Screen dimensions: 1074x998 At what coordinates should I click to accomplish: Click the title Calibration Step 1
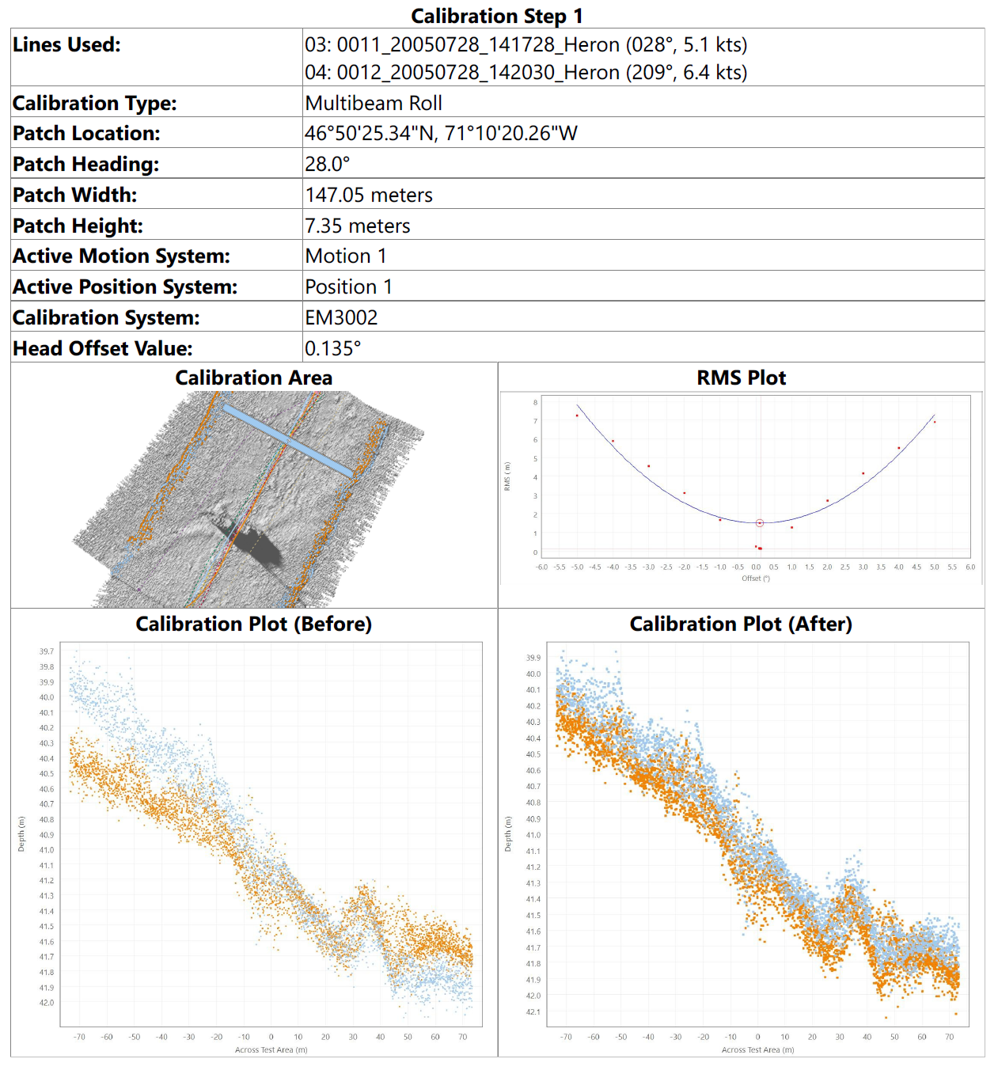click(x=496, y=16)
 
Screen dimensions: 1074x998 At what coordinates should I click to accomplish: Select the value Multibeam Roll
click(x=374, y=103)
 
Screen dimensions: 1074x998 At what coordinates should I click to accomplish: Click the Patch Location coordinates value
click(x=441, y=133)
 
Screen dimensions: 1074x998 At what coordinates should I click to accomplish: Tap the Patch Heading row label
click(x=85, y=164)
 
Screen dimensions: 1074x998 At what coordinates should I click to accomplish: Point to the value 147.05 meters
click(x=369, y=195)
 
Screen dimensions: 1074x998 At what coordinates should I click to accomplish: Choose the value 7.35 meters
click(x=358, y=226)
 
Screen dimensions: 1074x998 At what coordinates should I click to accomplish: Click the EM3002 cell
click(x=341, y=317)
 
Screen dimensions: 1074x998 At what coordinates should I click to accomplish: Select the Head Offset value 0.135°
click(x=332, y=348)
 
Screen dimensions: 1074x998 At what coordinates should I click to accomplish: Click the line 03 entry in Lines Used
click(x=526, y=44)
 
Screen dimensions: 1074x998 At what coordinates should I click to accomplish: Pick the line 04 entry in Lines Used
click(x=526, y=72)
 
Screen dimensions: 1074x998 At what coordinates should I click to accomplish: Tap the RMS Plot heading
click(x=741, y=378)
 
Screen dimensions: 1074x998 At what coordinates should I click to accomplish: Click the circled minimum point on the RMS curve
click(x=760, y=522)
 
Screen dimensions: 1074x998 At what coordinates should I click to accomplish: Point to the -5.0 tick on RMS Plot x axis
click(x=577, y=567)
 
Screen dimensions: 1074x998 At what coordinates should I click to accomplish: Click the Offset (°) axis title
click(x=755, y=579)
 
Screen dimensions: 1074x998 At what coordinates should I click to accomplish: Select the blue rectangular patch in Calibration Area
click(x=286, y=440)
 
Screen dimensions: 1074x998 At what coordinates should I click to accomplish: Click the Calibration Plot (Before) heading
click(x=253, y=624)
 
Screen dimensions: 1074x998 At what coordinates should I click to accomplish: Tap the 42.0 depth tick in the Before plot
click(x=47, y=1003)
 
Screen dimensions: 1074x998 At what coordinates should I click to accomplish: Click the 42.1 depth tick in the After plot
click(x=533, y=1011)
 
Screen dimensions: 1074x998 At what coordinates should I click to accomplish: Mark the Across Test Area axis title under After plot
click(x=757, y=1049)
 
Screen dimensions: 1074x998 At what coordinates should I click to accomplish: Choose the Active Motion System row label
click(x=121, y=256)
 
